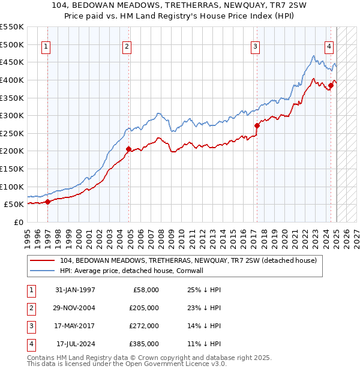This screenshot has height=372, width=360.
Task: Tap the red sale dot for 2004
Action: coord(128,149)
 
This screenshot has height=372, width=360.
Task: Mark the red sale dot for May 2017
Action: coord(257,125)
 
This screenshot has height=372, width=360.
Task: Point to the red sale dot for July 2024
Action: coord(331,85)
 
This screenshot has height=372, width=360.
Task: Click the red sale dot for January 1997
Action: coord(48,202)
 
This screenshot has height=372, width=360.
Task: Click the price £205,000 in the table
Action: coord(145,308)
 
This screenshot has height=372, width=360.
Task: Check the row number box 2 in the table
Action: coord(30,308)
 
